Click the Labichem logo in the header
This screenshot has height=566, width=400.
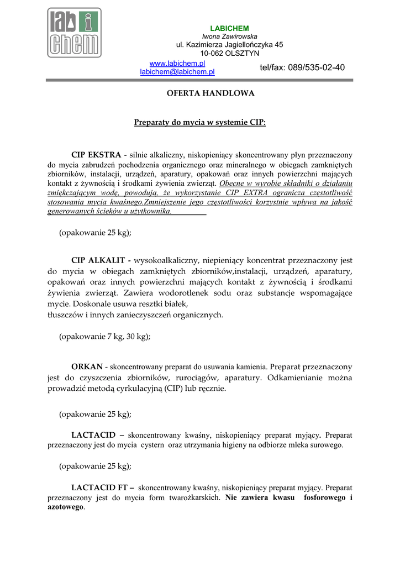click(73, 33)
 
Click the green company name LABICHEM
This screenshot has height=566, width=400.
click(229, 28)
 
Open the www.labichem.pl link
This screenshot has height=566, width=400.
click(177, 64)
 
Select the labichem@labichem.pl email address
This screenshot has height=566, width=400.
click(177, 72)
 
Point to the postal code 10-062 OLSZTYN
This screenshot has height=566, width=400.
click(229, 53)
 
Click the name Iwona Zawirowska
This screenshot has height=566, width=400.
click(229, 36)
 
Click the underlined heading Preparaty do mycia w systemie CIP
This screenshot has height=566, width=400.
click(200, 122)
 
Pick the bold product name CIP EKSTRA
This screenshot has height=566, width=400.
click(96, 155)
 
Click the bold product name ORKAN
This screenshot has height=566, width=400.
click(87, 366)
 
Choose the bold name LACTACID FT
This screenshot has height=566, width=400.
click(103, 488)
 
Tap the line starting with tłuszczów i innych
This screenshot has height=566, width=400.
click(135, 315)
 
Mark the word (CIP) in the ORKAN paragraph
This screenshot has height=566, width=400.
click(174, 388)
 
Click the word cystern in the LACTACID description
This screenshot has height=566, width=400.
click(153, 445)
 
